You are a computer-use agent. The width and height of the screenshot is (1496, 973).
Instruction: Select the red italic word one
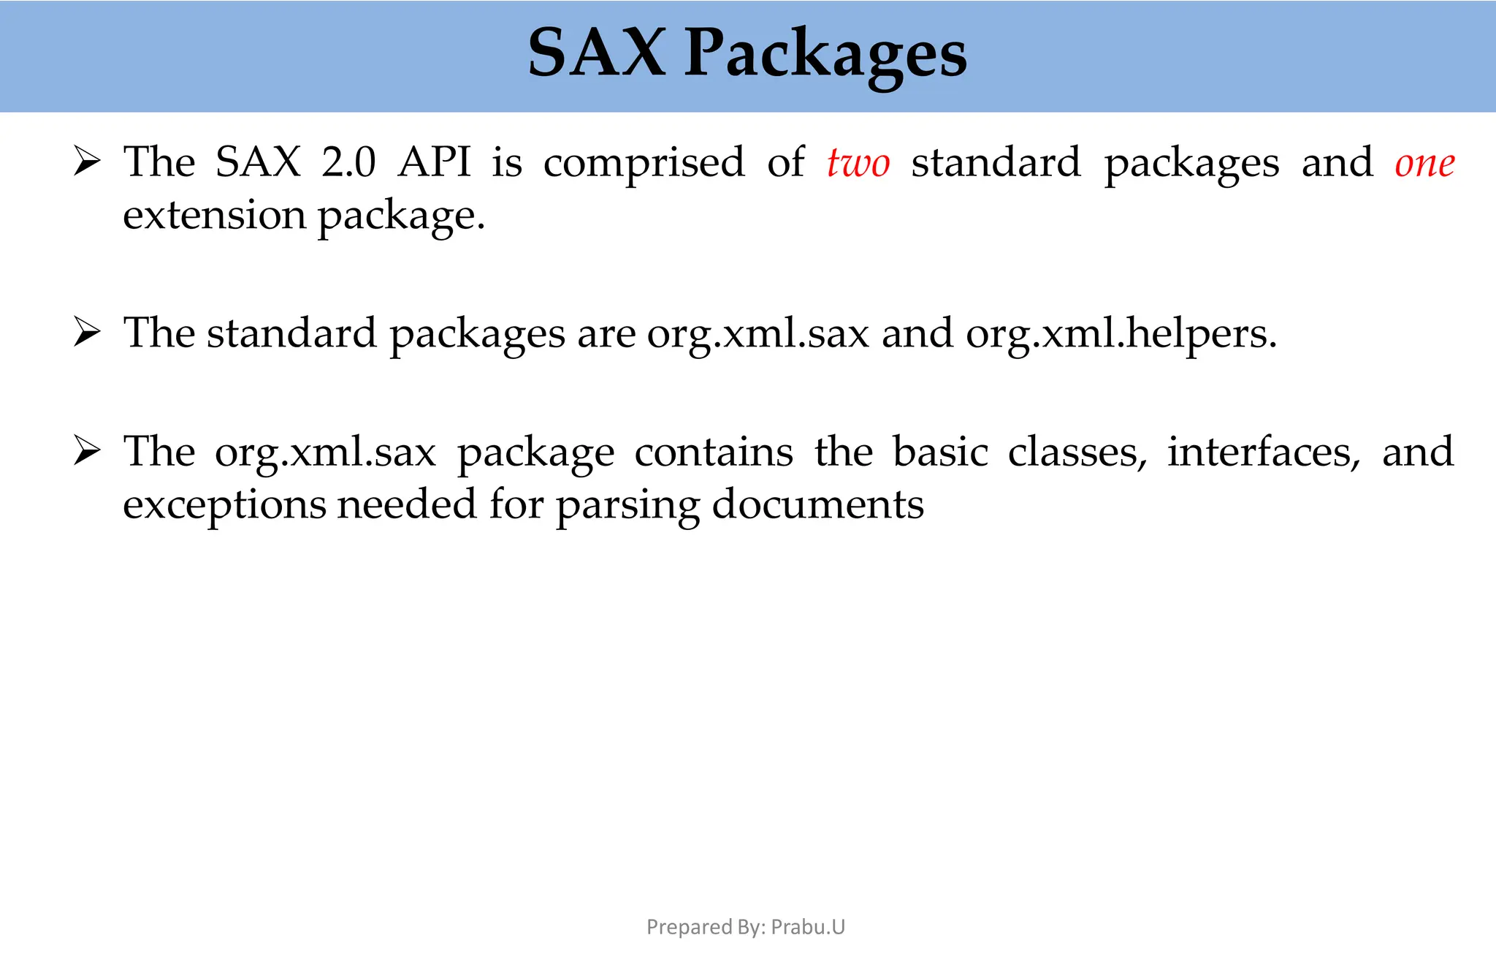(1424, 164)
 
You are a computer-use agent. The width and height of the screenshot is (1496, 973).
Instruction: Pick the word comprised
(644, 164)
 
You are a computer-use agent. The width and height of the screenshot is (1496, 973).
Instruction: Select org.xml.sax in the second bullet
(757, 334)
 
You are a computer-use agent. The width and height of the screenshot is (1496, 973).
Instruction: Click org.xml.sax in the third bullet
(325, 453)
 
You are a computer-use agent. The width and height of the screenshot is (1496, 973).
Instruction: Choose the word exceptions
(224, 505)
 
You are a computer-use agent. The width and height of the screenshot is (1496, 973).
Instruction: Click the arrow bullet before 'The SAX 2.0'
(87, 162)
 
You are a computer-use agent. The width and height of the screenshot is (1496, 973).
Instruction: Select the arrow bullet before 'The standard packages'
(87, 333)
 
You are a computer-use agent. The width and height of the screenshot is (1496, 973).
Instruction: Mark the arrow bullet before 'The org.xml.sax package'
(87, 451)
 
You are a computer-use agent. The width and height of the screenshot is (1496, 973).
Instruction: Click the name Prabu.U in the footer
(808, 927)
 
